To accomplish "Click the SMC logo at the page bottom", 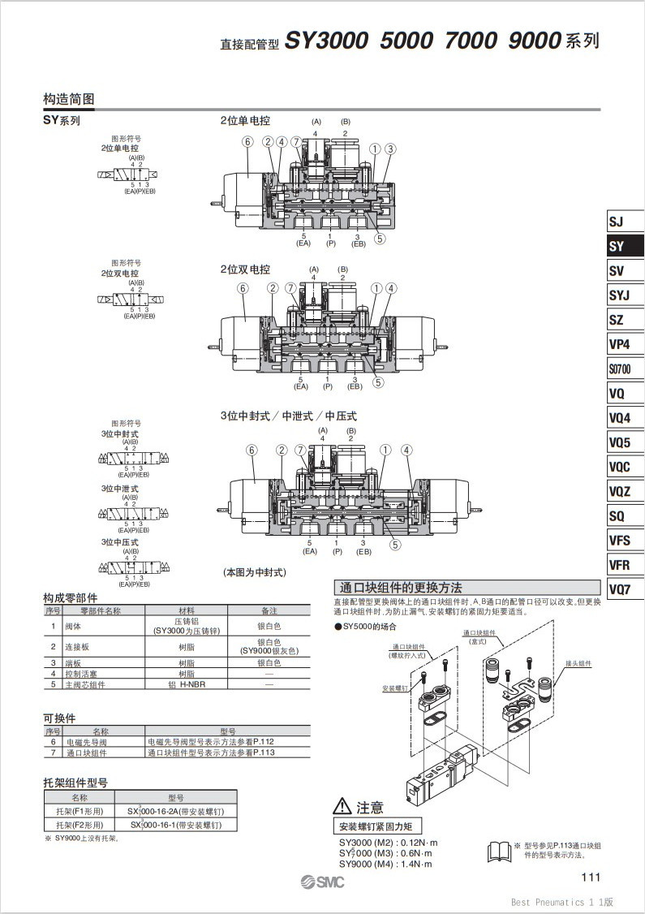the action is (322, 882).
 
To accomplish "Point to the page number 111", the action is (590, 877).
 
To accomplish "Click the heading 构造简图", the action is (69, 99).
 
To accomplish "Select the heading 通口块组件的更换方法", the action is (401, 588).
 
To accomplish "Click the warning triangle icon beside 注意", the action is (342, 807).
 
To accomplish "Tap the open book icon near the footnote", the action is (499, 851).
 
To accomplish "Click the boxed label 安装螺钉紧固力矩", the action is (376, 826).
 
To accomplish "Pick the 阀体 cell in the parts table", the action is (73, 626).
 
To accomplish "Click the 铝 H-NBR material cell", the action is (186, 684).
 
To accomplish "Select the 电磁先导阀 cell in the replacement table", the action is (86, 741).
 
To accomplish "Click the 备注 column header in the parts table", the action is (269, 610).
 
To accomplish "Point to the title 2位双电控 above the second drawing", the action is (245, 269).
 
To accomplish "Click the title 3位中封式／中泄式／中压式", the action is (288, 416).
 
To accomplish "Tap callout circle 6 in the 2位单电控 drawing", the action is (247, 141).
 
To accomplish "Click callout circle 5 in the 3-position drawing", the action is (395, 545).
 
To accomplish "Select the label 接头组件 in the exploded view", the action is (579, 663).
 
